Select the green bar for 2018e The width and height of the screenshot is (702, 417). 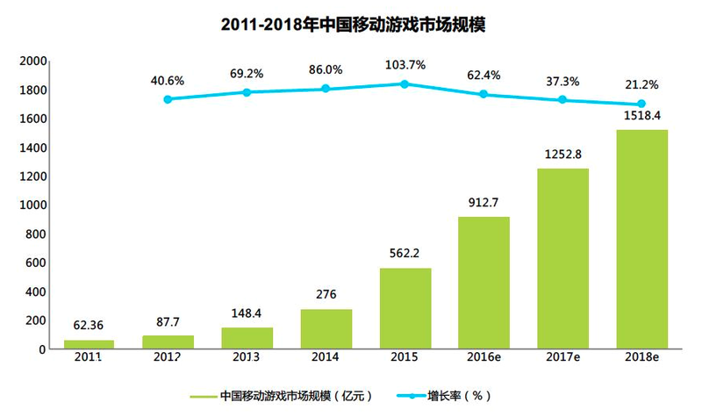(641, 239)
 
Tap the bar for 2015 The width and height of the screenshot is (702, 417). (405, 308)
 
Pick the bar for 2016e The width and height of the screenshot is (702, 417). (484, 283)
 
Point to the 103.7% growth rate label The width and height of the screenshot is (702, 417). (405, 65)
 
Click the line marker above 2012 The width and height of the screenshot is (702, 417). (168, 99)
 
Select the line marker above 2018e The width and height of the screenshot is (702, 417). (641, 104)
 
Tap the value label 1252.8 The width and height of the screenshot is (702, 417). (562, 155)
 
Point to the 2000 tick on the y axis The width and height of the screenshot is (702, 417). (32, 61)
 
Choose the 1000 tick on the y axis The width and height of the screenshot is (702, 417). (32, 205)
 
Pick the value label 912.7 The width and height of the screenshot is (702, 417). (484, 203)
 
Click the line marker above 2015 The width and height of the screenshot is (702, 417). (405, 84)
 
